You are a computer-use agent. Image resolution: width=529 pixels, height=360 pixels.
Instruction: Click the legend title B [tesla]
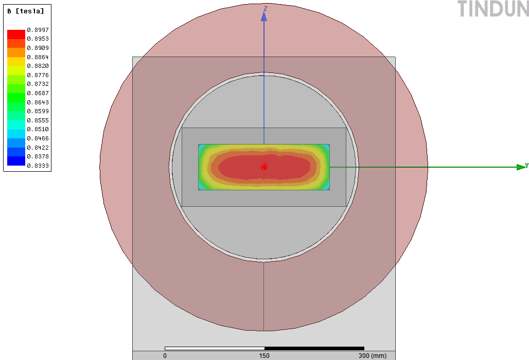click(x=26, y=11)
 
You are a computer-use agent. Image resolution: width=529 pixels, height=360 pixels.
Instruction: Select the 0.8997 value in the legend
click(x=38, y=30)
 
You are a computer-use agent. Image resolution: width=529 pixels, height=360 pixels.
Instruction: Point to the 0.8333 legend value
click(x=38, y=166)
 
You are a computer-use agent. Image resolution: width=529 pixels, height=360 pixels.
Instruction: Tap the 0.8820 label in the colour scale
click(x=38, y=66)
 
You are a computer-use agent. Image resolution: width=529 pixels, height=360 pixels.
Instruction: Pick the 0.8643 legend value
click(x=38, y=102)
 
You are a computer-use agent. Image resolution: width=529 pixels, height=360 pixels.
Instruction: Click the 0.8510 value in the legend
click(x=38, y=130)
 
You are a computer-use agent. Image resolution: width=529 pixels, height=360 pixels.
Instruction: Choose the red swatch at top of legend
click(x=16, y=34)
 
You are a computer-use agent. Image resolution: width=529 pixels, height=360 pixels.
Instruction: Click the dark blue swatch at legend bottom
click(x=16, y=161)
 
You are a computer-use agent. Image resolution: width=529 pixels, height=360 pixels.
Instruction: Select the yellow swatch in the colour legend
click(x=16, y=61)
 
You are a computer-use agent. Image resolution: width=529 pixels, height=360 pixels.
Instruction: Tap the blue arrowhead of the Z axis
click(x=264, y=16)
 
